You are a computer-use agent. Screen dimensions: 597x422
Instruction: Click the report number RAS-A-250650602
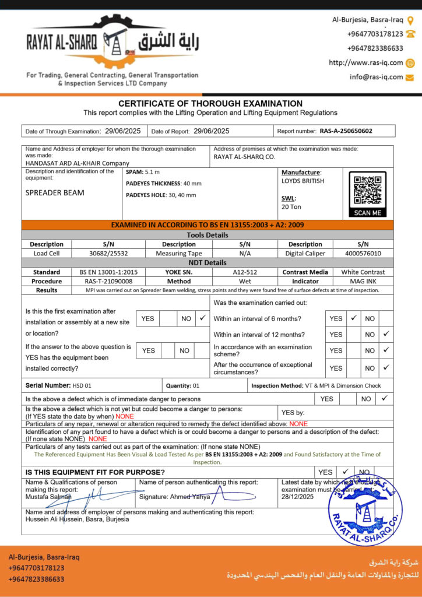[x=346, y=131]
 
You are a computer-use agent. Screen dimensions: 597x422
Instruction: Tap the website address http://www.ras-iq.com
[x=365, y=63]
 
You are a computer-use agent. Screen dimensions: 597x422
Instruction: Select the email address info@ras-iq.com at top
[x=376, y=77]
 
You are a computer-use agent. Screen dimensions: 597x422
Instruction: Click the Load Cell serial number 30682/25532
[x=108, y=254]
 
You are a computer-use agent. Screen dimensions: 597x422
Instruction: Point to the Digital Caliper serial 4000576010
[x=363, y=254]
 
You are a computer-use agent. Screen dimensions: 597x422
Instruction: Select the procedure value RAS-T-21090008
[x=100, y=281]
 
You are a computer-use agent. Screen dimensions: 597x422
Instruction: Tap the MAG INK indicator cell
[x=363, y=281]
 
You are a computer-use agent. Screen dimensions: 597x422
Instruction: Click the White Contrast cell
[x=363, y=272]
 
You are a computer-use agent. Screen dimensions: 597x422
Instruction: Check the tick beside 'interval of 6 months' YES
[x=353, y=318]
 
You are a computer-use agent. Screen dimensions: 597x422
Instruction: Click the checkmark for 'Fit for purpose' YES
[x=345, y=472]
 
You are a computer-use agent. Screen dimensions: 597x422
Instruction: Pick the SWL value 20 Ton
[x=291, y=207]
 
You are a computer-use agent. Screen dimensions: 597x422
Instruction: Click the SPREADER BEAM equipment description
[x=55, y=192]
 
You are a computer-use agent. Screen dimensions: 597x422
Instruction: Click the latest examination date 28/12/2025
[x=297, y=497]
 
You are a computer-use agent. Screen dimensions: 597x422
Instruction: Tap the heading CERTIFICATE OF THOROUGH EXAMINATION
[x=210, y=104]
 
